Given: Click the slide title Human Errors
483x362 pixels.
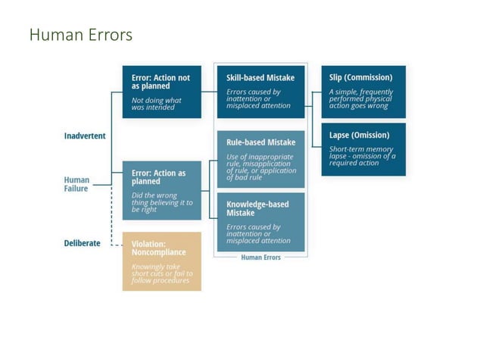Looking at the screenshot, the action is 80,35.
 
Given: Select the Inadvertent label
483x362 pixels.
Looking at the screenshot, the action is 85,136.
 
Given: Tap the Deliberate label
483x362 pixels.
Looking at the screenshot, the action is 82,244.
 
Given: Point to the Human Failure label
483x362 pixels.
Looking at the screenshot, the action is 76,184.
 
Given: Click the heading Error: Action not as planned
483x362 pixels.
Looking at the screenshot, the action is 160,82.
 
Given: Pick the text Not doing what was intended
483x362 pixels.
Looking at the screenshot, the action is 157,104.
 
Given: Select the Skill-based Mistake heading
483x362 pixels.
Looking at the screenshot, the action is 260,78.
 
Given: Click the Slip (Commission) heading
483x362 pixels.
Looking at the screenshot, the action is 360,77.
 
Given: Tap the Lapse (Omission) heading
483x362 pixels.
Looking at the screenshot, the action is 359,135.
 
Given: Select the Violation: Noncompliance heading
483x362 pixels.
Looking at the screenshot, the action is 159,248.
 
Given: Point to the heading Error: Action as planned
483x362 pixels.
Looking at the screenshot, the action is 158,177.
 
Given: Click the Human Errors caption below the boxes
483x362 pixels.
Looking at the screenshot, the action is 260,257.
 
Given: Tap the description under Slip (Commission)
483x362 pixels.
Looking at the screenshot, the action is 361,99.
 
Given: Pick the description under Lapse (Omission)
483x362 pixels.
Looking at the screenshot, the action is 362,157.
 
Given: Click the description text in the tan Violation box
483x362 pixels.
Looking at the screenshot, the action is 161,273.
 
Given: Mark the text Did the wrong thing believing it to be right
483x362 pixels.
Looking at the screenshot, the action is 161,202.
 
